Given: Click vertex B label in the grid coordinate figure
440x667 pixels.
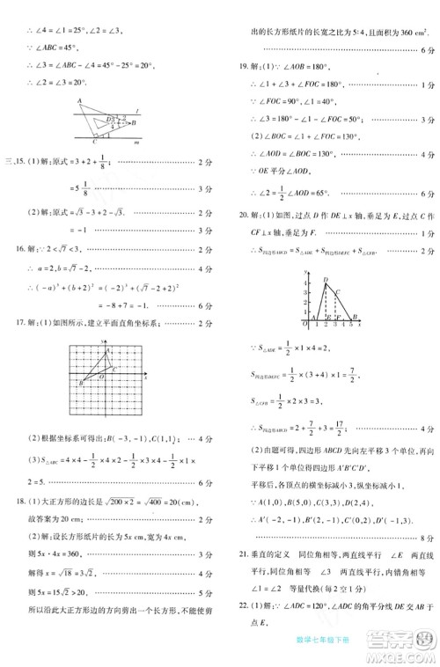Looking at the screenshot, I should [x=80, y=383].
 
